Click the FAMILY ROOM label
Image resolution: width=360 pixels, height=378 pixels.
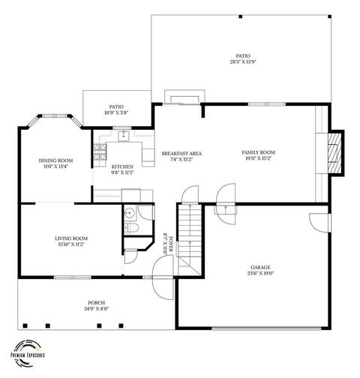(x=259, y=152)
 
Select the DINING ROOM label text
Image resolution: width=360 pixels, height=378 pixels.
(x=55, y=160)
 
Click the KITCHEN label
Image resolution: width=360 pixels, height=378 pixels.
(x=122, y=166)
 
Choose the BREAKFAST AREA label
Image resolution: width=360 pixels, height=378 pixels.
(x=181, y=153)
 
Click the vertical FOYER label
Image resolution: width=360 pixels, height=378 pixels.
(x=170, y=244)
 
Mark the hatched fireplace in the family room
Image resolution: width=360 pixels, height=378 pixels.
(x=335, y=152)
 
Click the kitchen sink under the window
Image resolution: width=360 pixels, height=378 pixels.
(x=121, y=137)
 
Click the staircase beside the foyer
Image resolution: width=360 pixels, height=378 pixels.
(x=191, y=236)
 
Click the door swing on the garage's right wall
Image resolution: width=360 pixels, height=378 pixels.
(x=319, y=222)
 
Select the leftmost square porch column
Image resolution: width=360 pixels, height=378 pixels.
(x=25, y=325)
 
